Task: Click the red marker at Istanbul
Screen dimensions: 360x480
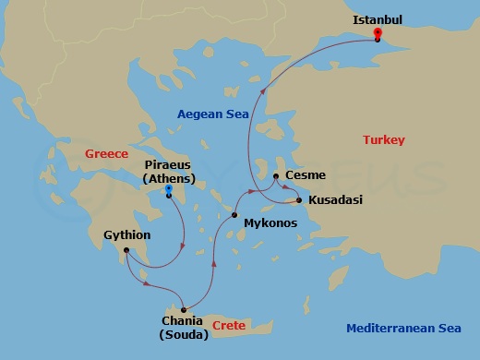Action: tap(378, 34)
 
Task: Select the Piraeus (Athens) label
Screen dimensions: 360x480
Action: tap(168, 172)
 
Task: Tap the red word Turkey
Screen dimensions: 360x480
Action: tap(384, 139)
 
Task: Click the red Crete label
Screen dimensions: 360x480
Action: tap(228, 326)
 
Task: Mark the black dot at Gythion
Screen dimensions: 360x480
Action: tap(127, 249)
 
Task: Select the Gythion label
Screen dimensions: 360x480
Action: tap(128, 235)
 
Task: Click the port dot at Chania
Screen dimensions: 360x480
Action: tap(185, 309)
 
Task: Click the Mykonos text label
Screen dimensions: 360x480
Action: tap(270, 223)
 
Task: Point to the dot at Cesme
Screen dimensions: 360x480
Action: tap(276, 174)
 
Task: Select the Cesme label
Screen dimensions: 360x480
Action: tap(305, 174)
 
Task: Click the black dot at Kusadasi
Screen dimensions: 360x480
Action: tap(299, 199)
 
